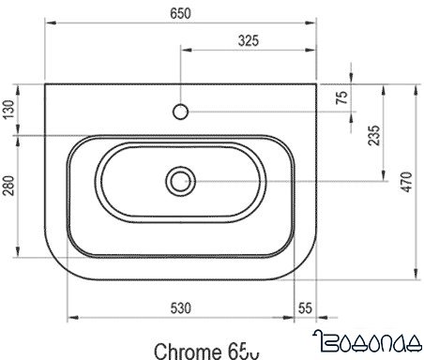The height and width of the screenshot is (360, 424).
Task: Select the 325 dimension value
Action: point(248,40)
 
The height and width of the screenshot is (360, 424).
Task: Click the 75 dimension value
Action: point(342,98)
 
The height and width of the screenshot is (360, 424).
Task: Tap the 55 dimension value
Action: point(304,307)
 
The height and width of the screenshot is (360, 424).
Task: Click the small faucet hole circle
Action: point(179,112)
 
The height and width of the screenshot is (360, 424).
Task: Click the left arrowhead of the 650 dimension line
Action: point(48,25)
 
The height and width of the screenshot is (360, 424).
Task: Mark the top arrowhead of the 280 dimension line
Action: point(17,138)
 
